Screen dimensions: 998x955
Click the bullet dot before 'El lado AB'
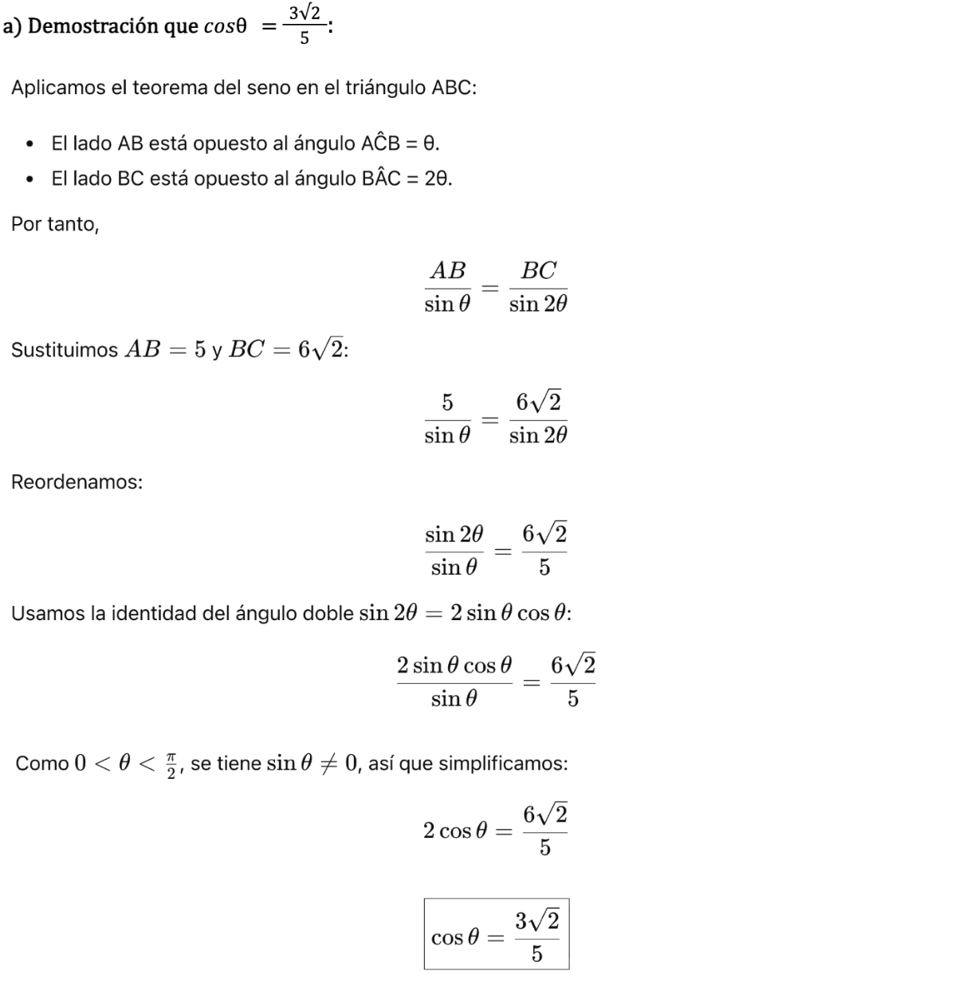point(29,145)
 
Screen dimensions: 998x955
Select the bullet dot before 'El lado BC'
point(29,179)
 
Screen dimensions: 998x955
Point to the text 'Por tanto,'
point(55,225)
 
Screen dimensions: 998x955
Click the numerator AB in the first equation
point(447,270)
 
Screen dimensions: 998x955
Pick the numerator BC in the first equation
point(538,270)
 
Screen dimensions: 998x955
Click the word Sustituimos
point(65,350)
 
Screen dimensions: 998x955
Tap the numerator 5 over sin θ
point(447,403)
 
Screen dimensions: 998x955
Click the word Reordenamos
point(77,482)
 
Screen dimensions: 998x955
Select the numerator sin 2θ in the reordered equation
point(454,534)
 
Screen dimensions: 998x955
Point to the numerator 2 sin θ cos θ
point(454,666)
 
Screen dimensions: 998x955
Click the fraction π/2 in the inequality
point(171,764)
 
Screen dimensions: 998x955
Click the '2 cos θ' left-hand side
point(454,831)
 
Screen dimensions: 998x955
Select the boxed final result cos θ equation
point(496,934)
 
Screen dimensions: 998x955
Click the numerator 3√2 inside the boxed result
point(536,921)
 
